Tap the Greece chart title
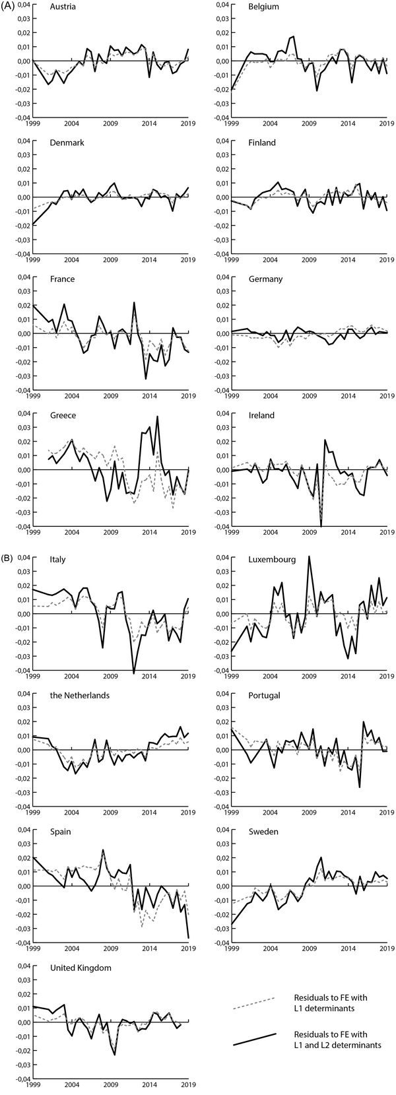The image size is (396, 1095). click(x=63, y=416)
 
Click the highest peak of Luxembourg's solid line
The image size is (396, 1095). click(x=309, y=557)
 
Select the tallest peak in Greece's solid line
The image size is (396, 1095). click(x=157, y=416)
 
